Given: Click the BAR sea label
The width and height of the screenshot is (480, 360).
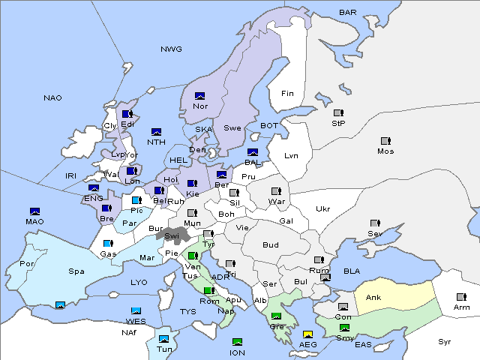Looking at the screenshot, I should point(347,12).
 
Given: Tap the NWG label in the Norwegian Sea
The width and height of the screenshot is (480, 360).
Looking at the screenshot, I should point(171,49).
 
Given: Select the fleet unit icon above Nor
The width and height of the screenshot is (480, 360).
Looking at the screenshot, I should point(200,96).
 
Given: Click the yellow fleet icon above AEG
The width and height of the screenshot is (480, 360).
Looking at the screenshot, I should point(307,334).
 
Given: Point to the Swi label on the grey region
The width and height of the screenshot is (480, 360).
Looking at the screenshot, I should point(172,235).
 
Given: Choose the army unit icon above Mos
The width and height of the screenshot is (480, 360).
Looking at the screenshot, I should point(385,141).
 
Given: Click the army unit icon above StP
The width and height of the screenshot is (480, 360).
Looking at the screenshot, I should point(338,113).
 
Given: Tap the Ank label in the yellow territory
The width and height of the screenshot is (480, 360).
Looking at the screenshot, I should point(373,298).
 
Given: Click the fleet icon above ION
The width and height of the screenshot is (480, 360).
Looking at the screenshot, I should point(238,342).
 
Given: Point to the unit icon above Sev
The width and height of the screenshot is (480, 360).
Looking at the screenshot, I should point(374,223).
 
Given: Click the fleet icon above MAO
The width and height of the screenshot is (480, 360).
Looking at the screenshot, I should point(34,211).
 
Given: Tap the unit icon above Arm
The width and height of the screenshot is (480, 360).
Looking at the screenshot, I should point(460,296).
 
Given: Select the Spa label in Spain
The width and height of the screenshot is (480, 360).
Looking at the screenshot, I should point(76,271).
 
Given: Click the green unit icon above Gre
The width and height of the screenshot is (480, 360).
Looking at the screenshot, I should point(277,316).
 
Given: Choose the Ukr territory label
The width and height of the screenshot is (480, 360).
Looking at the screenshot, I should point(322,209).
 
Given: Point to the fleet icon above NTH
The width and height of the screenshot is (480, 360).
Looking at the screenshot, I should point(157,132).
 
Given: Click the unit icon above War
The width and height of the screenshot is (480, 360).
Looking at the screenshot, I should point(276,191).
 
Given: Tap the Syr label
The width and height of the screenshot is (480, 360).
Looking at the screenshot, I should point(445,342).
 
